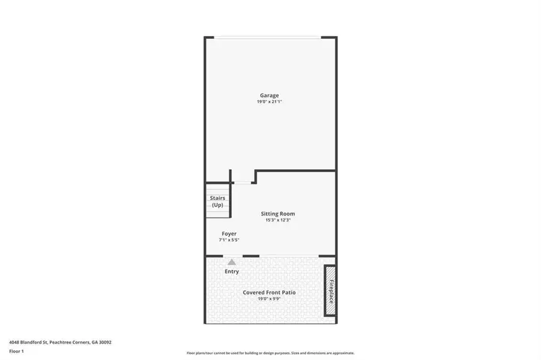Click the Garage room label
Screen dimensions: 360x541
[x=269, y=95]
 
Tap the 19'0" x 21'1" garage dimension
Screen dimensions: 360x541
[x=269, y=102]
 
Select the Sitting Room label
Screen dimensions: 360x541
[x=277, y=214]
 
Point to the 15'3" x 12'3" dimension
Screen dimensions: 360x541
[x=277, y=220]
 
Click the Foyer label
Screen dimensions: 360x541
[x=229, y=233]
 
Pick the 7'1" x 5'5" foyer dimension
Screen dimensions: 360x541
[x=229, y=240]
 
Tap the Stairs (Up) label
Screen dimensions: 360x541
[x=217, y=201]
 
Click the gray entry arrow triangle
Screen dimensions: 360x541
[x=232, y=262]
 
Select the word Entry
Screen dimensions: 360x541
[x=232, y=271]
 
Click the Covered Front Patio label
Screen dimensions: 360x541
[x=269, y=292]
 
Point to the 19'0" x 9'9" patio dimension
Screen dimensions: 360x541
[x=269, y=299]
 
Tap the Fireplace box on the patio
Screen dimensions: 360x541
[x=329, y=290]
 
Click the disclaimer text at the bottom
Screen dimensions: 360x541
[x=270, y=353]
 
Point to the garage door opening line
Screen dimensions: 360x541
[x=268, y=38]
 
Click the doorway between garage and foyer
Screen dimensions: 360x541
[x=243, y=181]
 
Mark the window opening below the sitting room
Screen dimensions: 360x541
[x=289, y=256]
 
